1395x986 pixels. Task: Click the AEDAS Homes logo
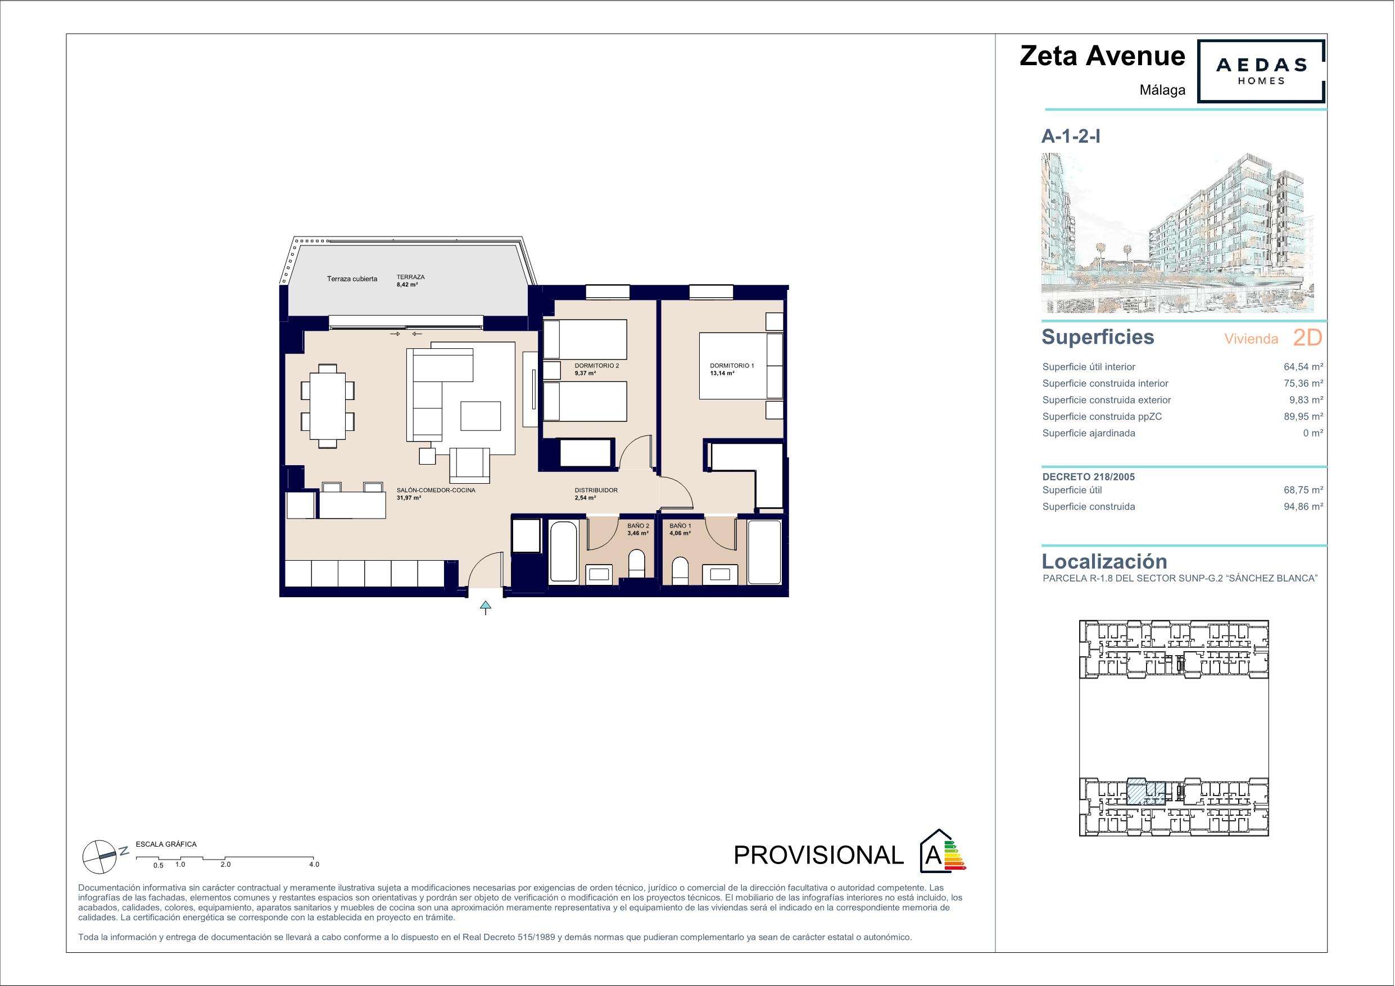1261,72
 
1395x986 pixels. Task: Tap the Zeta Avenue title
1102,56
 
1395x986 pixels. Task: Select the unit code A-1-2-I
1071,137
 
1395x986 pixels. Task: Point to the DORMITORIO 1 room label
732,366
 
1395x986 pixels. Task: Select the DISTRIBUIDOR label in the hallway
596,490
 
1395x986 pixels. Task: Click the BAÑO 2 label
638,525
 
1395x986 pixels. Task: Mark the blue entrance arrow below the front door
486,607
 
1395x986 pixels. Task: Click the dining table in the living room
328,405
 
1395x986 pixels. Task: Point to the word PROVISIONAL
818,856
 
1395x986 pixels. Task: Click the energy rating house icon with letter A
940,850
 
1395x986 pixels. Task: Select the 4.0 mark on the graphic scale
314,865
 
